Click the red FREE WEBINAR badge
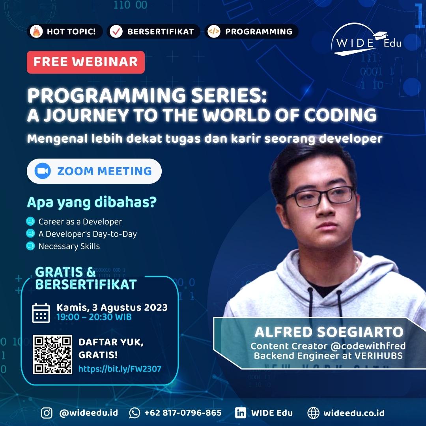point(86,62)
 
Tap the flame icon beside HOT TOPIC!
point(36,32)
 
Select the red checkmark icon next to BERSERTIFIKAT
point(116,32)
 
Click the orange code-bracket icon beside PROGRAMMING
point(214,32)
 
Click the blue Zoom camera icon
point(43,171)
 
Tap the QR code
point(52,355)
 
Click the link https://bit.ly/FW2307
point(120,369)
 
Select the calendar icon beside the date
point(41,313)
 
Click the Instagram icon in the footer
point(47,413)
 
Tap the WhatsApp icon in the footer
point(135,413)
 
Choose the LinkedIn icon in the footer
point(241,413)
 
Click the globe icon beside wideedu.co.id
point(313,413)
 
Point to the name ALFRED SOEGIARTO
point(329,332)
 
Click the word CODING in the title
point(340,115)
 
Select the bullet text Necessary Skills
point(69,246)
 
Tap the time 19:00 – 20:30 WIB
point(94,317)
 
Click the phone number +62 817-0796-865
point(183,413)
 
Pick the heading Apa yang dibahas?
point(92,202)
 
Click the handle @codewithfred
point(368,346)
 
